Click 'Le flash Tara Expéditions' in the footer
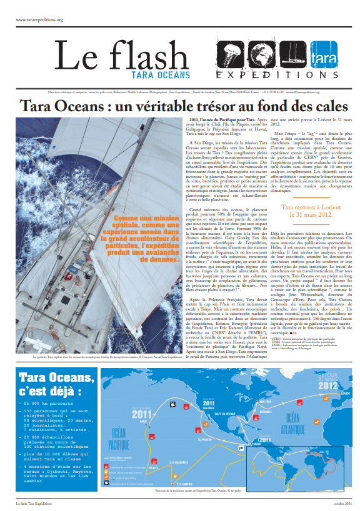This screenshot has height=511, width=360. click(x=35, y=503)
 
